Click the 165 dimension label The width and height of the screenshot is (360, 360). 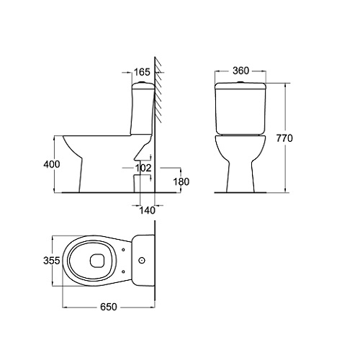click(x=142, y=72)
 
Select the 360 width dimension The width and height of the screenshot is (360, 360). click(x=241, y=71)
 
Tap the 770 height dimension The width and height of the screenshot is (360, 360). click(x=284, y=138)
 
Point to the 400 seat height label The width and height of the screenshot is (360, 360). click(x=52, y=164)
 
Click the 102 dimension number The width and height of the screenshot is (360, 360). click(x=143, y=168)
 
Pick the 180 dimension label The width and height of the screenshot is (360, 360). click(x=181, y=181)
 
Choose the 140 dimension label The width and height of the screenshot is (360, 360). click(x=147, y=210)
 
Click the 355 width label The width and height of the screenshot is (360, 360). click(x=51, y=261)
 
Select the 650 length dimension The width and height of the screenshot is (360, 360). click(x=109, y=307)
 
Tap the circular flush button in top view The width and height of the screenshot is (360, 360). click(x=142, y=260)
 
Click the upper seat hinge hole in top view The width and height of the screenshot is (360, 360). click(x=123, y=249)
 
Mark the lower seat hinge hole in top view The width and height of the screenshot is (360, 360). click(x=123, y=271)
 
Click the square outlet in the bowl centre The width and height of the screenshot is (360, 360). click(x=97, y=261)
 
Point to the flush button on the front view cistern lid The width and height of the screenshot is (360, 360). click(x=241, y=82)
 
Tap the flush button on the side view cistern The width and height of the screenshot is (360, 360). click(x=141, y=82)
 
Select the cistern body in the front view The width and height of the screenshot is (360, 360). click(x=241, y=108)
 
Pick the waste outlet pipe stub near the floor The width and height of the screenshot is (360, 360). click(x=137, y=184)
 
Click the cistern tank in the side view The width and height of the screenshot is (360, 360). click(x=143, y=109)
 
